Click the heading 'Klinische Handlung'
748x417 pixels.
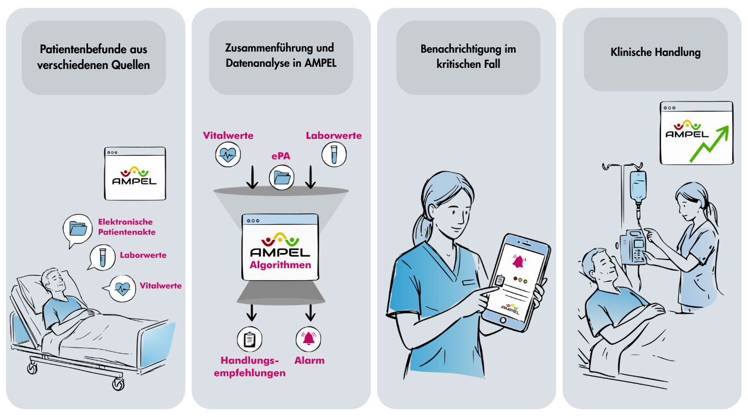click(x=655, y=53)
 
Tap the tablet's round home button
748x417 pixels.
click(x=503, y=320)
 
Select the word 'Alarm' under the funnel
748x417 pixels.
click(x=309, y=360)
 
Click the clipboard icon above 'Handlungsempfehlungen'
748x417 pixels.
click(x=250, y=339)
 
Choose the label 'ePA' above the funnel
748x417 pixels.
click(x=281, y=157)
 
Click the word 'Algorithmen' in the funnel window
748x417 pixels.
click(x=280, y=265)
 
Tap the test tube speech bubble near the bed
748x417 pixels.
click(x=101, y=256)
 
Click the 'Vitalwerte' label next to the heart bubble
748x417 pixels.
click(x=160, y=286)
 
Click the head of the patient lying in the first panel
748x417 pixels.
click(x=54, y=282)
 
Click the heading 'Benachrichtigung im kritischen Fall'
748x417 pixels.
click(x=468, y=56)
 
